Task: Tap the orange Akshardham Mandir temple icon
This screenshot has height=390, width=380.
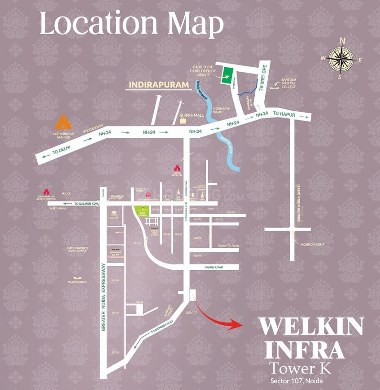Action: pyautogui.click(x=63, y=122)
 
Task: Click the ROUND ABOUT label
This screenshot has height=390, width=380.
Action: pyautogui.click(x=313, y=244)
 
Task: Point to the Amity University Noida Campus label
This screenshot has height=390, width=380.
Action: pyautogui.click(x=76, y=249)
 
